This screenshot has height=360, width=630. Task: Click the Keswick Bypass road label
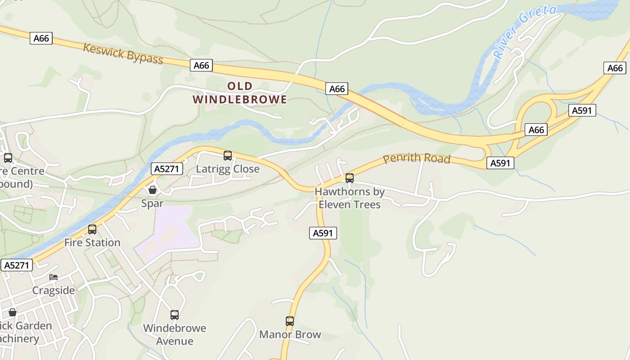[x=123, y=54]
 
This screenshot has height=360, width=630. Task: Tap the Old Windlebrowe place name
[x=240, y=93]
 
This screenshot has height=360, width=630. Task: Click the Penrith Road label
[x=416, y=158]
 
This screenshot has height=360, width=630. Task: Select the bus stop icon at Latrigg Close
[x=228, y=156]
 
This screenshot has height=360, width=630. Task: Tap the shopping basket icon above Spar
[x=153, y=190]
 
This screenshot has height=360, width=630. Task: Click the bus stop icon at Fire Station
[x=92, y=229]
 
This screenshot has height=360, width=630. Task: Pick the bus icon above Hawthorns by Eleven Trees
[x=350, y=178]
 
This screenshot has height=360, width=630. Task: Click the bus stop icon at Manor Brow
[x=290, y=321]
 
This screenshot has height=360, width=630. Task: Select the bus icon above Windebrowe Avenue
[x=175, y=315]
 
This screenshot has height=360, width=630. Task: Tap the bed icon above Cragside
[x=54, y=277]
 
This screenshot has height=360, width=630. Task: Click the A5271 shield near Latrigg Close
[x=166, y=169]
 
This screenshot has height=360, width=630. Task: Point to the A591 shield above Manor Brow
[x=323, y=233]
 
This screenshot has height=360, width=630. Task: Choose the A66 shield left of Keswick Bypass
[x=41, y=38]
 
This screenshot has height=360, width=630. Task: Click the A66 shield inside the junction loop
[x=536, y=130]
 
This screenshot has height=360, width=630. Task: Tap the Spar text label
[x=153, y=203]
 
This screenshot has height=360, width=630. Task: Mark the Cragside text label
[x=54, y=290]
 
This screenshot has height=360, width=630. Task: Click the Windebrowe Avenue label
[x=175, y=334]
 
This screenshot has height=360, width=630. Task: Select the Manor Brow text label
[x=290, y=334]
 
